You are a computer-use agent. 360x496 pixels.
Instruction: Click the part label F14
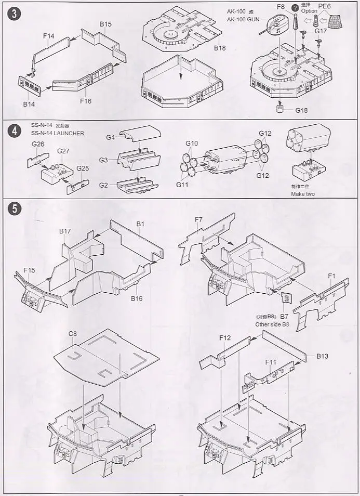pos(49,35)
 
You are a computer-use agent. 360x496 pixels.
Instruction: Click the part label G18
pos(302,111)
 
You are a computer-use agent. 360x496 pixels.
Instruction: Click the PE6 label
pos(325,7)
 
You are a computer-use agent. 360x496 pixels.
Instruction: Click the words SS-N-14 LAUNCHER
pos(57,134)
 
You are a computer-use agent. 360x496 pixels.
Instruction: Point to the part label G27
pos(63,151)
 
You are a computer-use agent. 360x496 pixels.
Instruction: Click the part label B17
pos(65,231)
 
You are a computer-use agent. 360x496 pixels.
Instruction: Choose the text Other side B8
pos(272,324)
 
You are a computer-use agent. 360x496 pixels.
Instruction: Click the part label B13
pos(323,356)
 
